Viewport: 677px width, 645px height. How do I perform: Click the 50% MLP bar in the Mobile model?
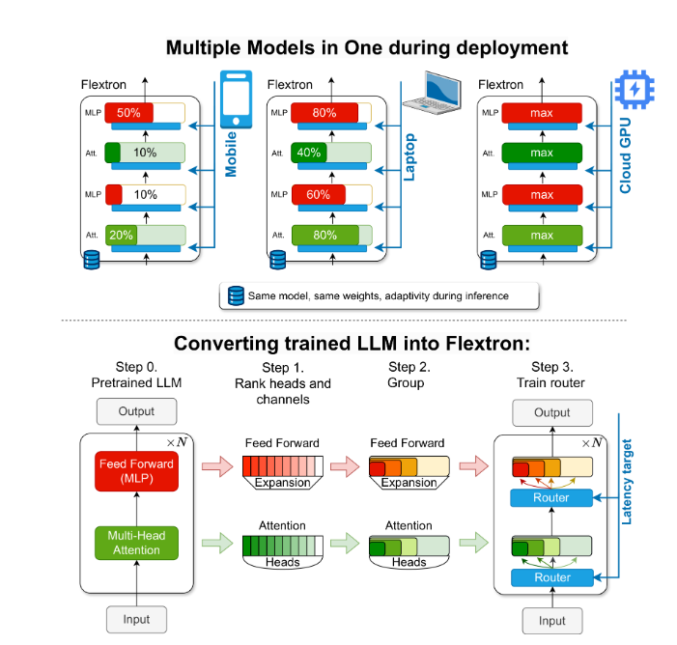point(128,113)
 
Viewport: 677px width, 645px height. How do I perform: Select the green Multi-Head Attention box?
point(135,542)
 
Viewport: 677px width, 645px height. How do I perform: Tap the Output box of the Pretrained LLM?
point(136,410)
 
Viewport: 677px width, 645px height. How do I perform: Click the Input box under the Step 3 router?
point(551,619)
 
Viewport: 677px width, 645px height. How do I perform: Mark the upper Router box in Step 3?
point(551,497)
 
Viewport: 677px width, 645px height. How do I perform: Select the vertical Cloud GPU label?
point(625,151)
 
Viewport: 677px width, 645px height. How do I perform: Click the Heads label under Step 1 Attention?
point(283,562)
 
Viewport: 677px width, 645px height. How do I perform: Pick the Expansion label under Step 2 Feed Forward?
point(409,482)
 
